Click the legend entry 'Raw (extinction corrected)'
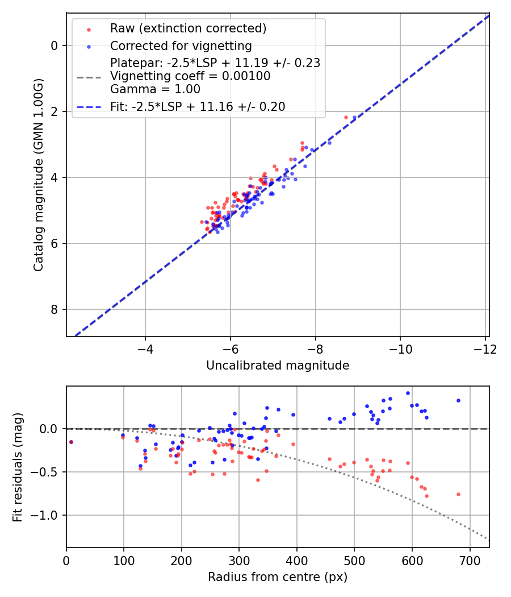(188, 28)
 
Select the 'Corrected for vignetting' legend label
(181, 45)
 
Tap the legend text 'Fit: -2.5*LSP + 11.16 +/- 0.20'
(198, 106)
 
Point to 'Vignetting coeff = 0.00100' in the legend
(190, 76)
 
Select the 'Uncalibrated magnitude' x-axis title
(278, 366)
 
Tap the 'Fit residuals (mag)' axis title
(18, 467)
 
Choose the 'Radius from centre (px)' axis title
(278, 577)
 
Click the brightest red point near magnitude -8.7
(346, 117)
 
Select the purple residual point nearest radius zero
(71, 442)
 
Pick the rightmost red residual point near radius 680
(458, 494)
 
